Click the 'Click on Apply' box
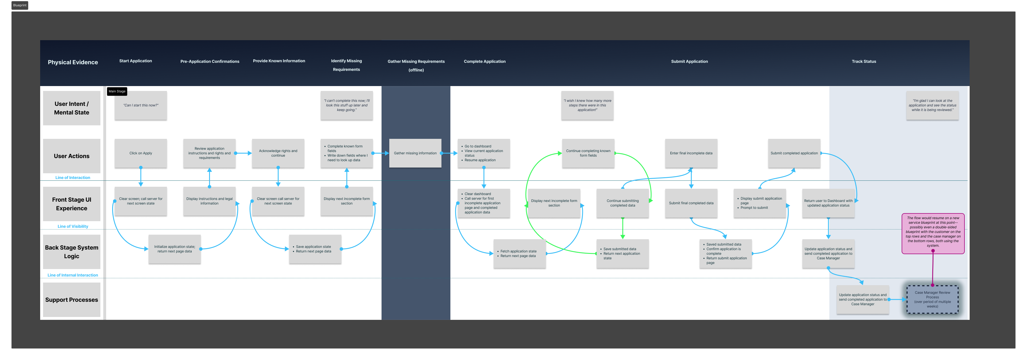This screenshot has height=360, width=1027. pos(141,153)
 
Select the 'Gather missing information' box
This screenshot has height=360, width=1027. pos(415,153)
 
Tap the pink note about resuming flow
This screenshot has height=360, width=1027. pos(933,233)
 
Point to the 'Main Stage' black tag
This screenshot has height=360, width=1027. pos(117,91)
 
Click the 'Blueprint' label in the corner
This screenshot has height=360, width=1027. pos(20,5)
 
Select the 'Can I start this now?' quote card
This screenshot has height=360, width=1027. pos(141,105)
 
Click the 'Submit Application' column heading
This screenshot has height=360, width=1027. pos(689,61)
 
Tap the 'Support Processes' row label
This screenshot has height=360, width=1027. pos(72,300)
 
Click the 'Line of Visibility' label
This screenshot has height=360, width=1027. pos(73,226)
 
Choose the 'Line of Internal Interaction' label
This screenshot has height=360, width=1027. pos(73,275)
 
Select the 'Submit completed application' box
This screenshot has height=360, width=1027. pos(794,153)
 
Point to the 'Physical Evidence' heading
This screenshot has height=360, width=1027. pos(73,62)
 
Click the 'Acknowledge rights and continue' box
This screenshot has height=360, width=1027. pos(278,153)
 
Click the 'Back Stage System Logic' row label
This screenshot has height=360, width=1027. pos(72,252)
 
